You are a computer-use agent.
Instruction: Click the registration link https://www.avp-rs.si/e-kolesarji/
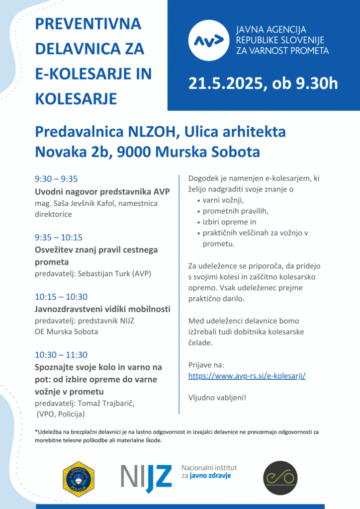247,376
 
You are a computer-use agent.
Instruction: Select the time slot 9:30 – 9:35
56,179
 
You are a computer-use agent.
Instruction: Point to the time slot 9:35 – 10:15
58,237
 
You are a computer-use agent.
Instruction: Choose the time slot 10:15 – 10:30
61,297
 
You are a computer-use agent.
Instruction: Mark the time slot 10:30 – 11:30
61,355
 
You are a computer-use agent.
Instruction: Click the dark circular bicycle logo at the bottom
280,478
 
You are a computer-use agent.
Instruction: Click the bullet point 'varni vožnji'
223,200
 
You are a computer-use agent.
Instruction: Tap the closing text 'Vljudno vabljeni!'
217,398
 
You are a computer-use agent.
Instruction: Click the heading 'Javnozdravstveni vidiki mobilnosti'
102,309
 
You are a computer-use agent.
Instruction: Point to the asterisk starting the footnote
36,431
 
